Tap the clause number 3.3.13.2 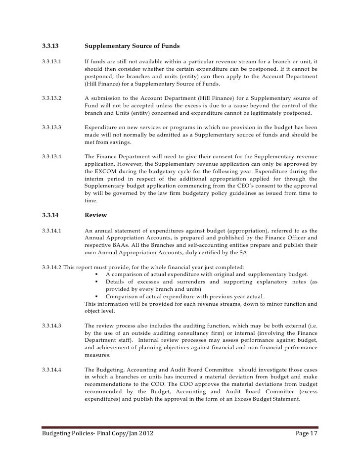pyautogui.click(x=52, y=98)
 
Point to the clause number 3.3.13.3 pyautogui.click(x=52, y=127)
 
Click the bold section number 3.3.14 pyautogui.click(x=51, y=215)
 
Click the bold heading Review pyautogui.click(x=96, y=215)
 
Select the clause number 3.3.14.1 pyautogui.click(x=52, y=230)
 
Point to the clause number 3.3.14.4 pyautogui.click(x=52, y=370)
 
